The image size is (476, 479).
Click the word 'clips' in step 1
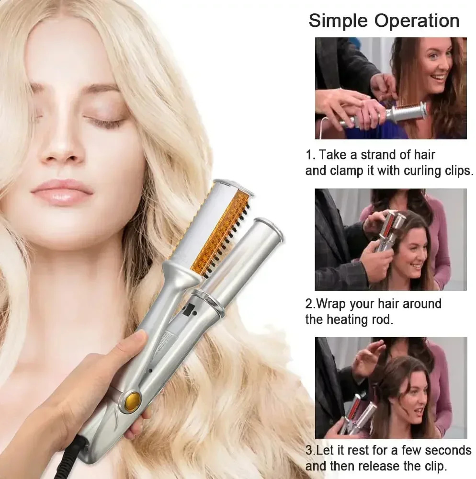[453, 171]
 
